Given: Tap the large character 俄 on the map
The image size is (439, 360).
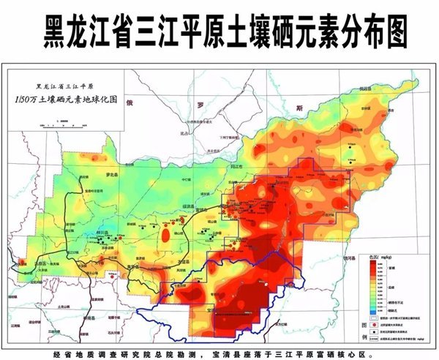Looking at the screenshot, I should click(x=131, y=103).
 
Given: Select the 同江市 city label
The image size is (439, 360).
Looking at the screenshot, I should click(x=237, y=167).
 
